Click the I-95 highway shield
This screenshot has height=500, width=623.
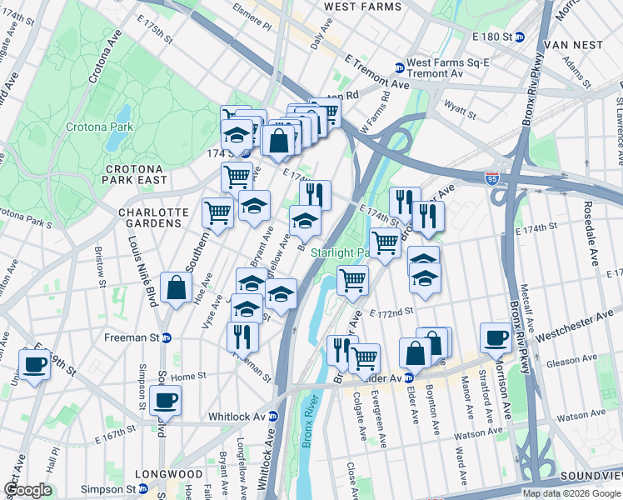(x=493, y=177)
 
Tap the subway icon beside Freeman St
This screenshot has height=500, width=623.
(x=167, y=337)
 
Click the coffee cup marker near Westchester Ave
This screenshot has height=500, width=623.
(x=496, y=337)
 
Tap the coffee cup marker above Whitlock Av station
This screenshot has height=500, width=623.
(x=166, y=399)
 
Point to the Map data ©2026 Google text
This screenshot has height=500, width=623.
(x=571, y=493)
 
